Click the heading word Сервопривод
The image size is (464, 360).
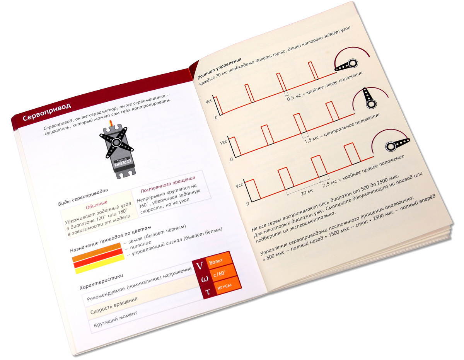(47, 112)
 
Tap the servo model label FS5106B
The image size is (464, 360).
(123, 163)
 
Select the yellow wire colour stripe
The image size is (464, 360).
(100, 264)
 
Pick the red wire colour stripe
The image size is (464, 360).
(98, 258)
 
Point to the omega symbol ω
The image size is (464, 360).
(204, 279)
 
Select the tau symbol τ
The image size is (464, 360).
(208, 291)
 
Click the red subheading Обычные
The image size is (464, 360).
(97, 205)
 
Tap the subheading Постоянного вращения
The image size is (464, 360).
(168, 184)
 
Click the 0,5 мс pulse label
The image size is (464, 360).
(294, 97)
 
